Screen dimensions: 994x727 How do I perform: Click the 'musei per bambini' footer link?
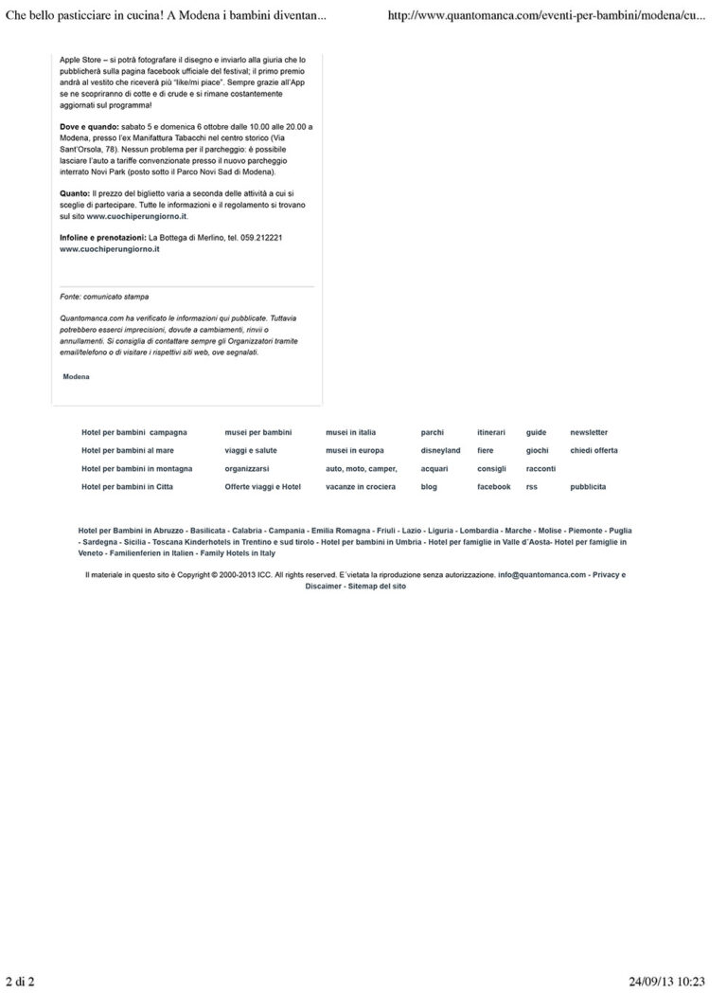258,432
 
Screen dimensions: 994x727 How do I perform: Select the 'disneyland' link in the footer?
440,450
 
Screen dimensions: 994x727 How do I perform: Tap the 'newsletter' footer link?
589,432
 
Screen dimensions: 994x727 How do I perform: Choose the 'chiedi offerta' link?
594,450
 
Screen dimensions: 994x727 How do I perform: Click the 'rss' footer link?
531,486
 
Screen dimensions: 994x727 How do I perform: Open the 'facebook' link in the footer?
493,486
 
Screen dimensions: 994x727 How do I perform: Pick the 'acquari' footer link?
434,468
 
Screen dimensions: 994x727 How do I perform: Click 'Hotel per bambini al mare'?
128,450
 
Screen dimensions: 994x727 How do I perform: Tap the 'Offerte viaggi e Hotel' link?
262,486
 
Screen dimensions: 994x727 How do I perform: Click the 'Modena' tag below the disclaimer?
76,376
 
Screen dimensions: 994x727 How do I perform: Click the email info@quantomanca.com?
541,574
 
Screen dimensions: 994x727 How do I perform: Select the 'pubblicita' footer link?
588,486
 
